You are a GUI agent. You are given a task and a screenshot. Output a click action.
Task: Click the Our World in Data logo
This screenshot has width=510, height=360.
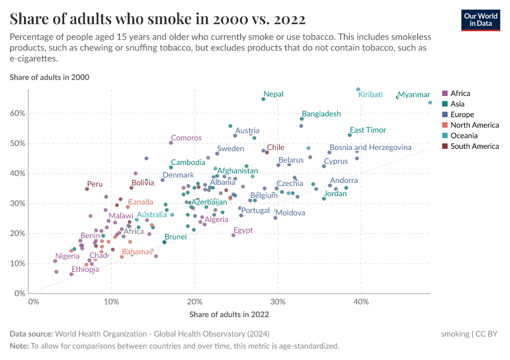(480, 20)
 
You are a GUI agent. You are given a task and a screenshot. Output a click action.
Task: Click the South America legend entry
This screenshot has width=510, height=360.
(474, 146)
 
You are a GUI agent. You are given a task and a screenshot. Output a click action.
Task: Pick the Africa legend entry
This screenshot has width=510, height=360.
(460, 94)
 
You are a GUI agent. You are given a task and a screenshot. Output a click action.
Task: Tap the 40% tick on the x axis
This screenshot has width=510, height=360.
(361, 302)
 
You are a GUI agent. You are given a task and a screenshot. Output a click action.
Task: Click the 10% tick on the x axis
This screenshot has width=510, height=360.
(111, 302)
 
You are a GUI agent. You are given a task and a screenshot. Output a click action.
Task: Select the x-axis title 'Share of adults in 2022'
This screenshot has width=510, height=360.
(229, 314)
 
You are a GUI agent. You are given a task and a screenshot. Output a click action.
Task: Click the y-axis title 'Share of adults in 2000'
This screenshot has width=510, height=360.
(49, 77)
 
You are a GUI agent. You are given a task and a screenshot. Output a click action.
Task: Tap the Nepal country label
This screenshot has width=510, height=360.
(273, 94)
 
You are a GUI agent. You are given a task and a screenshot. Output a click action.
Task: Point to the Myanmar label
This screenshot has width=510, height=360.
(414, 95)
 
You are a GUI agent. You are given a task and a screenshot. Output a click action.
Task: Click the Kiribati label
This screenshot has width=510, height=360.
(370, 95)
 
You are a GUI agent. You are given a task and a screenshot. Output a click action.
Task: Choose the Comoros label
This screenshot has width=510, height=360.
(186, 138)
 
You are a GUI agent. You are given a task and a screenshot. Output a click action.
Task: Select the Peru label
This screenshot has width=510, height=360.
(94, 184)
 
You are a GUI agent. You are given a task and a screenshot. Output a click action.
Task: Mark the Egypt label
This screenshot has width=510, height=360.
(243, 230)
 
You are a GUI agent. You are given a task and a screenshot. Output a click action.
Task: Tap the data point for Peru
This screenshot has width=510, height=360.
(87, 189)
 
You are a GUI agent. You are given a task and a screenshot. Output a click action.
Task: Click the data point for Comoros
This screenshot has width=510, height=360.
(171, 143)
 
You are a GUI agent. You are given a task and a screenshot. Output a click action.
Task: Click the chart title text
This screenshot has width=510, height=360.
(158, 19)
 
